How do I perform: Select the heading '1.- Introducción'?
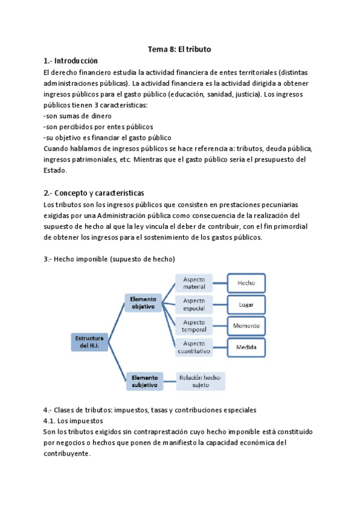[70, 61]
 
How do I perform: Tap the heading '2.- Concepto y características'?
[94, 193]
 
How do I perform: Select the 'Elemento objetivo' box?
[143, 302]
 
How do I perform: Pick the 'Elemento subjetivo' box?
[145, 381]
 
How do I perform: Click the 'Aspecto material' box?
[194, 283]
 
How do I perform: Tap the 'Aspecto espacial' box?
[194, 304]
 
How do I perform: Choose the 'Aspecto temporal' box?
[194, 325]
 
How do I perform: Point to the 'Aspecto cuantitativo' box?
[194, 347]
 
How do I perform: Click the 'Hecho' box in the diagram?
[246, 283]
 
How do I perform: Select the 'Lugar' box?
[246, 304]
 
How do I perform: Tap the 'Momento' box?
[246, 325]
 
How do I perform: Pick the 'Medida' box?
[246, 347]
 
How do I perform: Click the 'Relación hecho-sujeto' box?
[200, 381]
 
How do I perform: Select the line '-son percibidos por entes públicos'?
[98, 127]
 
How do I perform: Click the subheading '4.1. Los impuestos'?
[73, 421]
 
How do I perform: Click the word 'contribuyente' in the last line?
[67, 454]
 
